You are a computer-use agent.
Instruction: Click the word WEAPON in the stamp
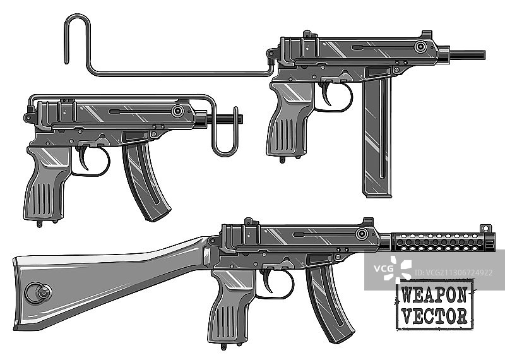(434, 294)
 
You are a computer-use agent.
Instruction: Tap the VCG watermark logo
(393, 269)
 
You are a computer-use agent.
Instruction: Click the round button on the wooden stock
(39, 292)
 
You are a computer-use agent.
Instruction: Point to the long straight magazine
(377, 137)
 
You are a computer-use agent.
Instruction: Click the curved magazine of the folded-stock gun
(146, 181)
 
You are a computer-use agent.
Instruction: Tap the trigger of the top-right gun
(326, 93)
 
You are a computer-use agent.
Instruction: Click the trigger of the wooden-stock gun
(268, 281)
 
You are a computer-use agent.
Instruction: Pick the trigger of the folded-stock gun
(83, 158)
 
